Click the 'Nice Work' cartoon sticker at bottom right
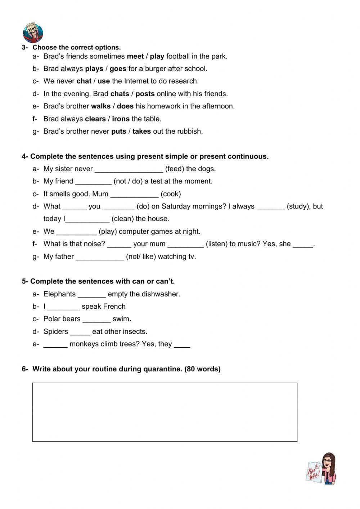pos(321,469)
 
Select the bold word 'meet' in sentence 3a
pos(135,56)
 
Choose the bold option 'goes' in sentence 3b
pos(118,69)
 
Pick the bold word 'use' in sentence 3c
pos(104,81)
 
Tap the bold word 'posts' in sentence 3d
pos(145,94)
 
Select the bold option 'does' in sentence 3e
pos(125,106)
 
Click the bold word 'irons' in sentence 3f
pos(121,119)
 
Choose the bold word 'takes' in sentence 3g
pos(141,131)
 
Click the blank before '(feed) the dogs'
pos(129,169)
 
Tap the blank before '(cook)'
pos(134,194)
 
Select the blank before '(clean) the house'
pos(87,219)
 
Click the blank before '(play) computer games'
pos(76,232)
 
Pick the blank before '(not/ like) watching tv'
pos(100,257)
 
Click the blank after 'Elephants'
pos(92,294)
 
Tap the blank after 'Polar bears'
pos(96,319)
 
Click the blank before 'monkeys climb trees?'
pos(55,344)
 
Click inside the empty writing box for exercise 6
pos(165,412)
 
